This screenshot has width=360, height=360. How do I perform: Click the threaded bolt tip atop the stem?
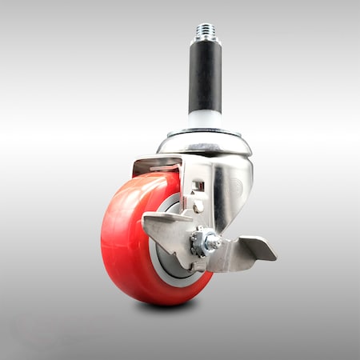pyautogui.click(x=204, y=31)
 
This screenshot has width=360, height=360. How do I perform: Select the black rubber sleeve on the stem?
pyautogui.click(x=205, y=76)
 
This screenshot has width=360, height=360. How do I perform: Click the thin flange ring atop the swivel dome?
pyautogui.click(x=205, y=132)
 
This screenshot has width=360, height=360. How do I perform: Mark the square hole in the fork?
pyautogui.click(x=198, y=187)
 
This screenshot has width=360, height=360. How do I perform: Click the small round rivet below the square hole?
pyautogui.click(x=198, y=207)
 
